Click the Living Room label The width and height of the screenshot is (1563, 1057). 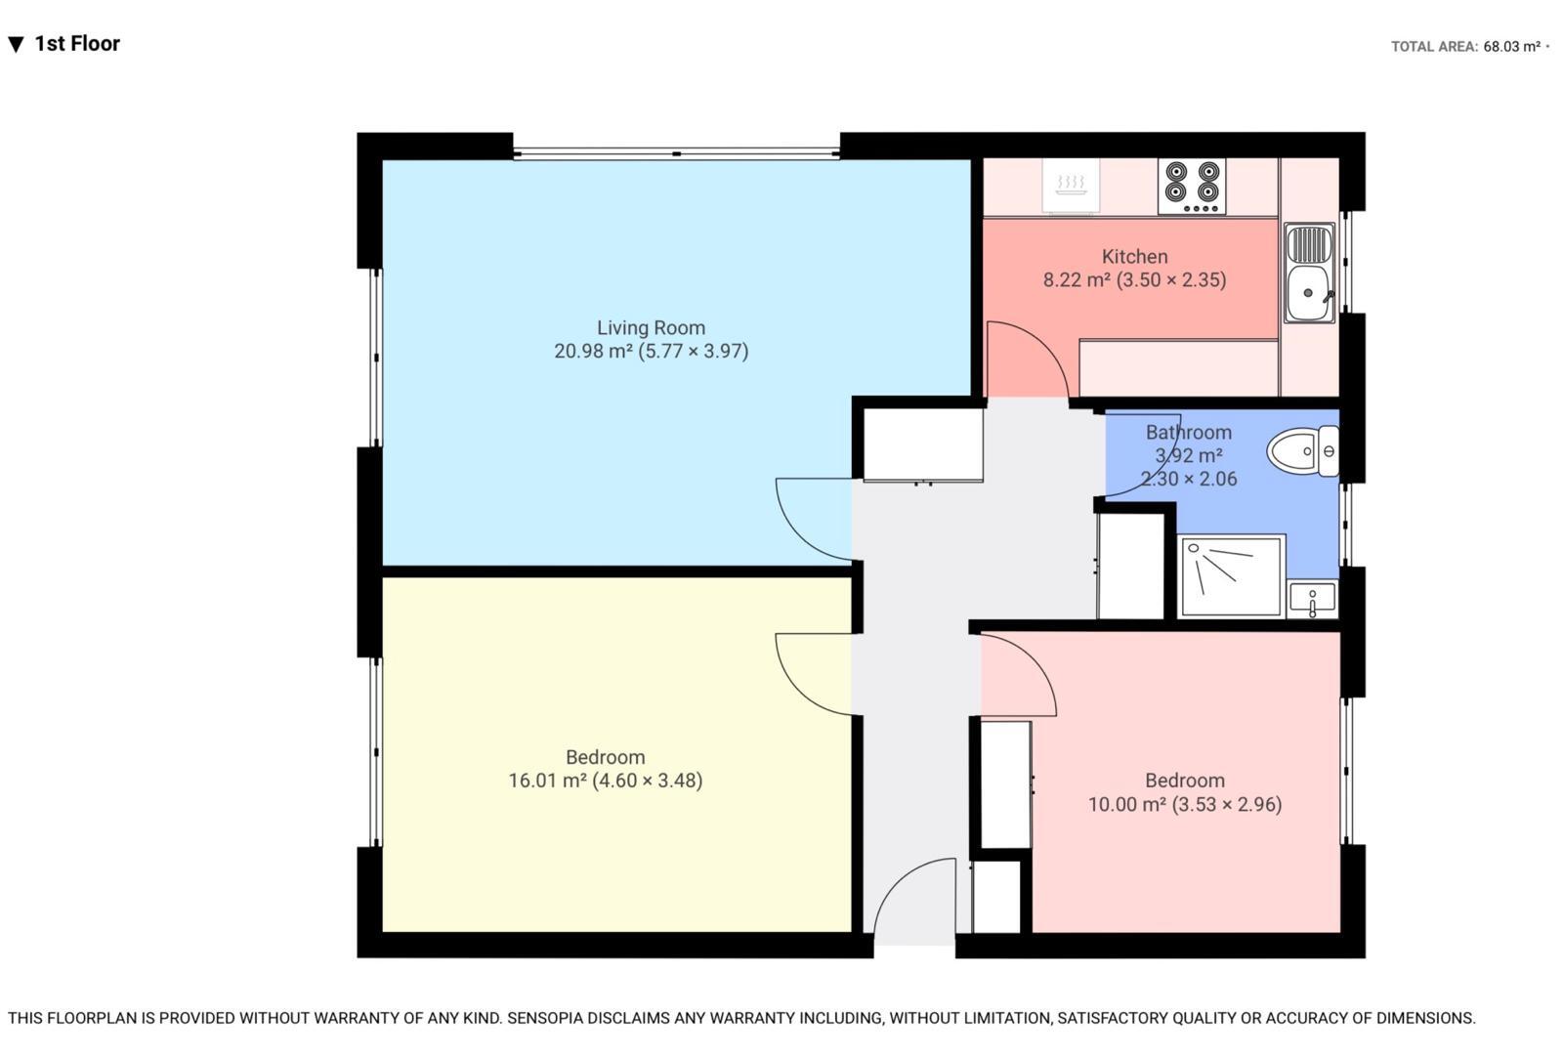coord(651,328)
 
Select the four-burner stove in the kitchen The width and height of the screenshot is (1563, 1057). coord(1192,187)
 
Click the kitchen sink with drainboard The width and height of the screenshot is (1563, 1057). coord(1309,273)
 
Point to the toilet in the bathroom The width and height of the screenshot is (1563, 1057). coord(1303,451)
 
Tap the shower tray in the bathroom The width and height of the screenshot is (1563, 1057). coord(1232,576)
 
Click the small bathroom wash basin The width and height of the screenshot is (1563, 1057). coord(1312,599)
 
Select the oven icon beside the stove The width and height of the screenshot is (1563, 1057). coord(1071,185)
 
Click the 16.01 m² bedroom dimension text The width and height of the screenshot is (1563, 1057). coord(605,781)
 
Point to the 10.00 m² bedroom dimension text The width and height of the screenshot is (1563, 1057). coord(1184,805)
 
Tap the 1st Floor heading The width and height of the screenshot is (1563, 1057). coord(76,44)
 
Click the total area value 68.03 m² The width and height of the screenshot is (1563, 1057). coord(1511,46)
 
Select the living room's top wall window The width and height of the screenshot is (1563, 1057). coord(676,152)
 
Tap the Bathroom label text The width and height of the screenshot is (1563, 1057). coord(1188,433)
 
